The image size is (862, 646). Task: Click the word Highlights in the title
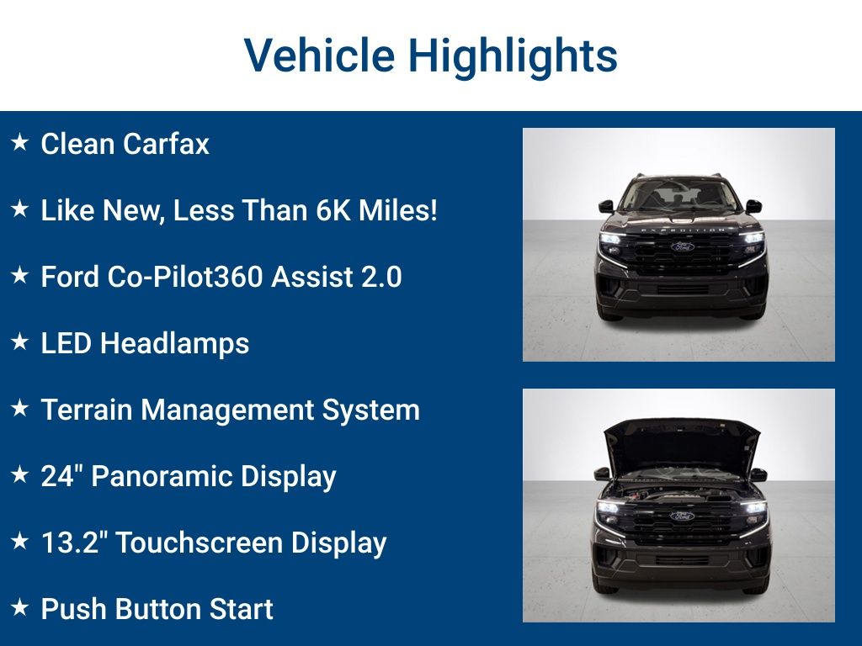pos(513,56)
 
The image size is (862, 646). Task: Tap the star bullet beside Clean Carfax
pos(19,143)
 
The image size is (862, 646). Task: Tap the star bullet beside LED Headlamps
pos(19,342)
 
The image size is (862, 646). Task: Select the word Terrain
pos(87,410)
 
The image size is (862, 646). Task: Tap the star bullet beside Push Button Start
pos(19,608)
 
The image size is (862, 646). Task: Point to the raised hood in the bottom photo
pos(681,442)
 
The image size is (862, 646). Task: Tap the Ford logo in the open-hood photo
pos(681,516)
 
